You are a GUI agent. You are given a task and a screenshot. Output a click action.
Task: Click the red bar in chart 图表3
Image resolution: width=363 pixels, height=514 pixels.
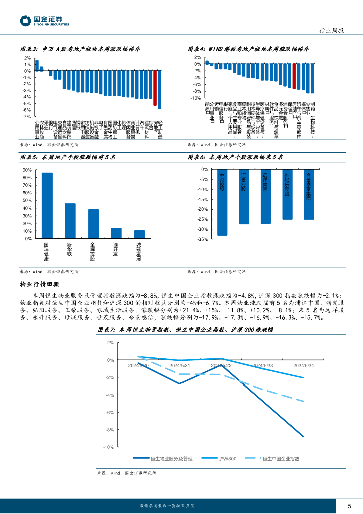point(155,88)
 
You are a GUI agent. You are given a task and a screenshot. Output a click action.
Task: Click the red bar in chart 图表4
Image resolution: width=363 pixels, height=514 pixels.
point(294,76)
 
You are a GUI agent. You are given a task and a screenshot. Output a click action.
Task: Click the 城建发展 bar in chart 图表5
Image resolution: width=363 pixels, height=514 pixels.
point(139,234)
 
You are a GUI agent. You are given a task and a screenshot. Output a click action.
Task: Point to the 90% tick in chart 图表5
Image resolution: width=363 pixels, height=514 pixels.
point(27,170)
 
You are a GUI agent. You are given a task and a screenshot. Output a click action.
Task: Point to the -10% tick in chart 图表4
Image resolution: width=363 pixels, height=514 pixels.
point(195,98)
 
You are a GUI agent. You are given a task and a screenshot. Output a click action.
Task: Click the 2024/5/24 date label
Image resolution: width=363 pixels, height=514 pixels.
point(304,365)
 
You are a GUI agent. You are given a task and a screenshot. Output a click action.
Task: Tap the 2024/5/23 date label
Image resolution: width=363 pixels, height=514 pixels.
point(263,365)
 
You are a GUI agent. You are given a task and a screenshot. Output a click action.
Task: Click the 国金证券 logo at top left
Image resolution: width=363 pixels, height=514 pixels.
point(44,21)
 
